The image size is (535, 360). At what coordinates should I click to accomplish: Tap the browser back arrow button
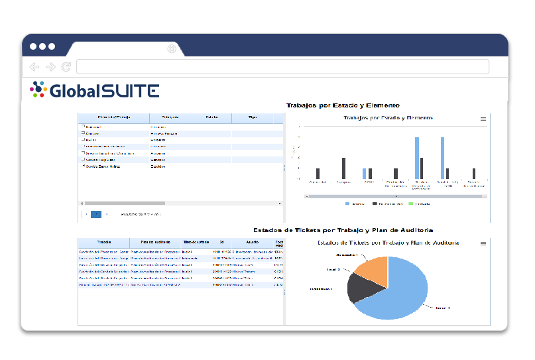[34, 67]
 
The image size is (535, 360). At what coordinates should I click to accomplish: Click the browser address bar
[282, 67]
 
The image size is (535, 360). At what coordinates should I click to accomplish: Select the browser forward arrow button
[50, 67]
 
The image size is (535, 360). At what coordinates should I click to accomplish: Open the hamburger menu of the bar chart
[483, 119]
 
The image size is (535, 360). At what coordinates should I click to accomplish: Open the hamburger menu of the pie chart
[483, 243]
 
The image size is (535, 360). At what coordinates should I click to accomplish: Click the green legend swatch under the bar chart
[411, 204]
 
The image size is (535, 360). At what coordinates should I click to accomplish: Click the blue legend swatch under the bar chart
[347, 204]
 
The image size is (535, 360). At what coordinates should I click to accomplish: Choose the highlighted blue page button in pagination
[96, 214]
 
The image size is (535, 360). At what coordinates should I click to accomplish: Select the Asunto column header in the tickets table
[252, 243]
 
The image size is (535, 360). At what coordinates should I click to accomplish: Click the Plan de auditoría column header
[156, 243]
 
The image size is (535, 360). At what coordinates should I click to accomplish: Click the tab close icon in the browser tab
[172, 48]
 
